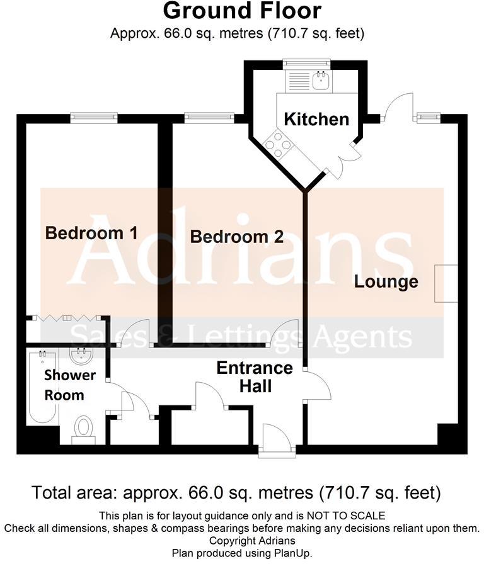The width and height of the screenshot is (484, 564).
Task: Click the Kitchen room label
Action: [x=316, y=119]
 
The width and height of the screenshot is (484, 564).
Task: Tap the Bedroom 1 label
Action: [x=91, y=233]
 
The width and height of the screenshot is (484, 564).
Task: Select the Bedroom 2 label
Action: [x=237, y=237]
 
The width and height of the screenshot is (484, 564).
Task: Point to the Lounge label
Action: [x=386, y=281]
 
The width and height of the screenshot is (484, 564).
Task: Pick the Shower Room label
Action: [x=69, y=385]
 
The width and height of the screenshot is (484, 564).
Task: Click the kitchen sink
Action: [x=321, y=79]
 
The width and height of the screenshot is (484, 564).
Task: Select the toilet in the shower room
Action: [x=83, y=429]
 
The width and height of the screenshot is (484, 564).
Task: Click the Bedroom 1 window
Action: [x=94, y=116]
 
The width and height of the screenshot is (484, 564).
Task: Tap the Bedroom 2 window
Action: [x=208, y=116]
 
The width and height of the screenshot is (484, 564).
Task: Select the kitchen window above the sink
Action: [x=306, y=63]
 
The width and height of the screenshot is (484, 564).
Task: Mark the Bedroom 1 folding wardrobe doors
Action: [x=66, y=319]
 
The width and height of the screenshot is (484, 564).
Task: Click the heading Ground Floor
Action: [x=242, y=11]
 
